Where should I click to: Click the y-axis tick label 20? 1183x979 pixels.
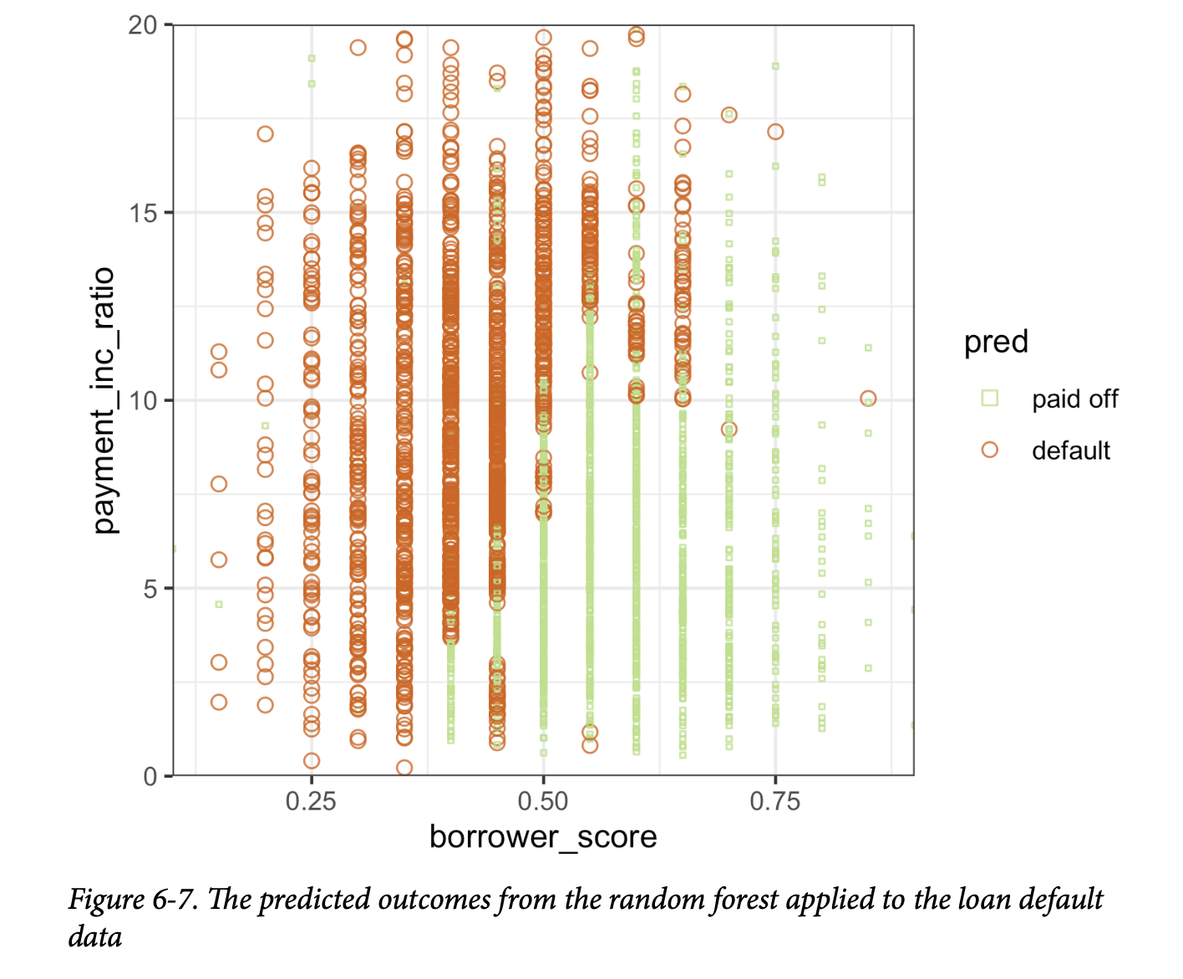click(143, 25)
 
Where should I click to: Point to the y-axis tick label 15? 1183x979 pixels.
click(143, 213)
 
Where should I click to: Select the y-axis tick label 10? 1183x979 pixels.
click(143, 400)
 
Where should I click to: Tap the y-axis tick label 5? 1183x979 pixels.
click(150, 588)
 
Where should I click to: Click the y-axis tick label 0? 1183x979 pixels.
click(150, 776)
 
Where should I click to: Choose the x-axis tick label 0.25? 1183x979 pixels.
click(311, 802)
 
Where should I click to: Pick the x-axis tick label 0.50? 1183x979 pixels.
click(543, 802)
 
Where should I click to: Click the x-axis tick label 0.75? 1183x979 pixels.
click(774, 802)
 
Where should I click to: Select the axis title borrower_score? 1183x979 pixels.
click(543, 837)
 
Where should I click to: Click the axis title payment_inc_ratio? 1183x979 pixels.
click(104, 400)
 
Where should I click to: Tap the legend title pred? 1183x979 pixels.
click(996, 342)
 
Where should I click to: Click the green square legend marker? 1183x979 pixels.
click(990, 398)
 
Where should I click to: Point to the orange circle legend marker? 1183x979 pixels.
click(990, 449)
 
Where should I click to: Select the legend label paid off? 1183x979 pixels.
click(1074, 398)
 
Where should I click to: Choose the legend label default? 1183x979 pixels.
click(1070, 450)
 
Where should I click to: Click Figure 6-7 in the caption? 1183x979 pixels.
click(133, 900)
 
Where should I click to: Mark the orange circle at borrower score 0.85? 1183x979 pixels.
click(868, 399)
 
